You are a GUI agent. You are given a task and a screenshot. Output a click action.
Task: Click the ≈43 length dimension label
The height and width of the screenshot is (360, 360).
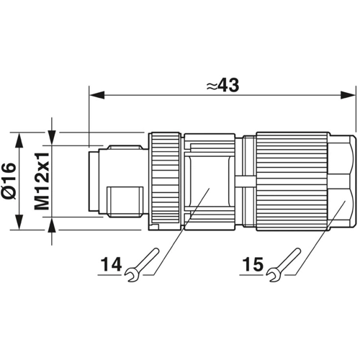coord(223,85)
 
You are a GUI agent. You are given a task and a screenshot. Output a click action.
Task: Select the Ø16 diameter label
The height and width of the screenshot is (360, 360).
coord(10,181)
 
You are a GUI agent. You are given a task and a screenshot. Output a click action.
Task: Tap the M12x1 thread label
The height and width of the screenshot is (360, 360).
coord(42,181)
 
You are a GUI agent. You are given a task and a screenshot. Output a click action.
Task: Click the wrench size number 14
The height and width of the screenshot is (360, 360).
coord(111,264)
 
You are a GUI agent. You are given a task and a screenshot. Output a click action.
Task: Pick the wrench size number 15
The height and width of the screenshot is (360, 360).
coord(253,264)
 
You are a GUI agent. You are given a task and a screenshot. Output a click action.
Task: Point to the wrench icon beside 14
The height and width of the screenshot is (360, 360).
coord(142,265)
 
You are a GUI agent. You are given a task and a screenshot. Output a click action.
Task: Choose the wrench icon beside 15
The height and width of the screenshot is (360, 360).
coord(284,265)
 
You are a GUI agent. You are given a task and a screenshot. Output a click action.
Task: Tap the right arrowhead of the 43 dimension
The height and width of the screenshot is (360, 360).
coord(348,95)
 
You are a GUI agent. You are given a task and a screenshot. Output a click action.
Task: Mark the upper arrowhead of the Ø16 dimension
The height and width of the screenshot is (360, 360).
coord(19,140)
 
